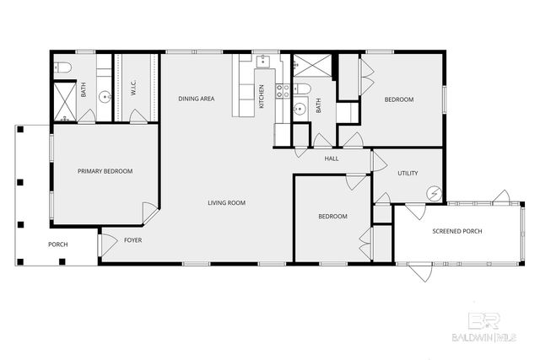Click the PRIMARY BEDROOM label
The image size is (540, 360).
(x=105, y=171)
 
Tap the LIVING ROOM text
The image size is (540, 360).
(x=227, y=202)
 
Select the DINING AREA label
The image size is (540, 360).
(x=196, y=99)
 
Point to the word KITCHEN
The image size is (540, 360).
(x=262, y=96)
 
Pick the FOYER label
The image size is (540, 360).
(x=133, y=240)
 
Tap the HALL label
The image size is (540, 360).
(x=332, y=158)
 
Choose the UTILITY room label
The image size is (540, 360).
(x=408, y=173)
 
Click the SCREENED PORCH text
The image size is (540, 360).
(x=456, y=231)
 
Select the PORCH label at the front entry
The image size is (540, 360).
(x=57, y=244)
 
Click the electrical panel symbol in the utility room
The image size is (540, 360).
(x=435, y=193)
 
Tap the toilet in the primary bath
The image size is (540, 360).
(x=63, y=67)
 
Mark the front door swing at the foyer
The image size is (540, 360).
(x=107, y=244)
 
